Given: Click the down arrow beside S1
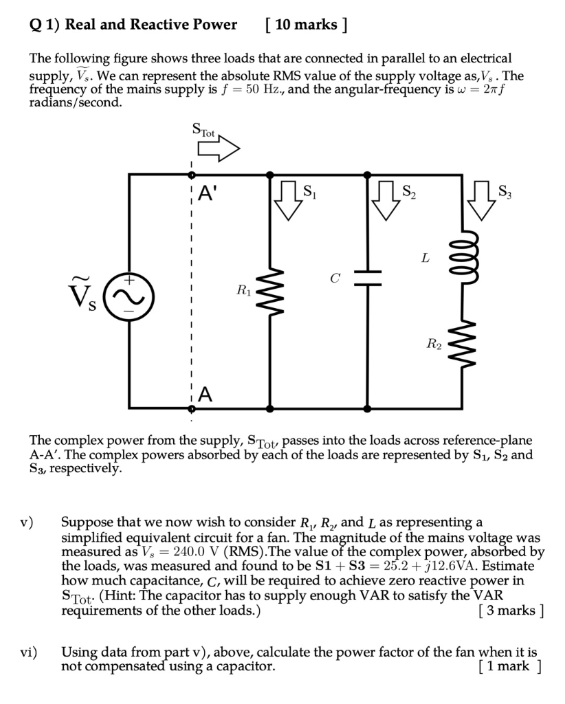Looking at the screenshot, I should pos(287,200).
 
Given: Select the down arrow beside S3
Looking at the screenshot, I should pos(482,200).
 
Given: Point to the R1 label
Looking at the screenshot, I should pos(243,290).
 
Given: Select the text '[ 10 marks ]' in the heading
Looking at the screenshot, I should pos(304,25).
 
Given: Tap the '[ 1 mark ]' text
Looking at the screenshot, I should pos(509,665).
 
